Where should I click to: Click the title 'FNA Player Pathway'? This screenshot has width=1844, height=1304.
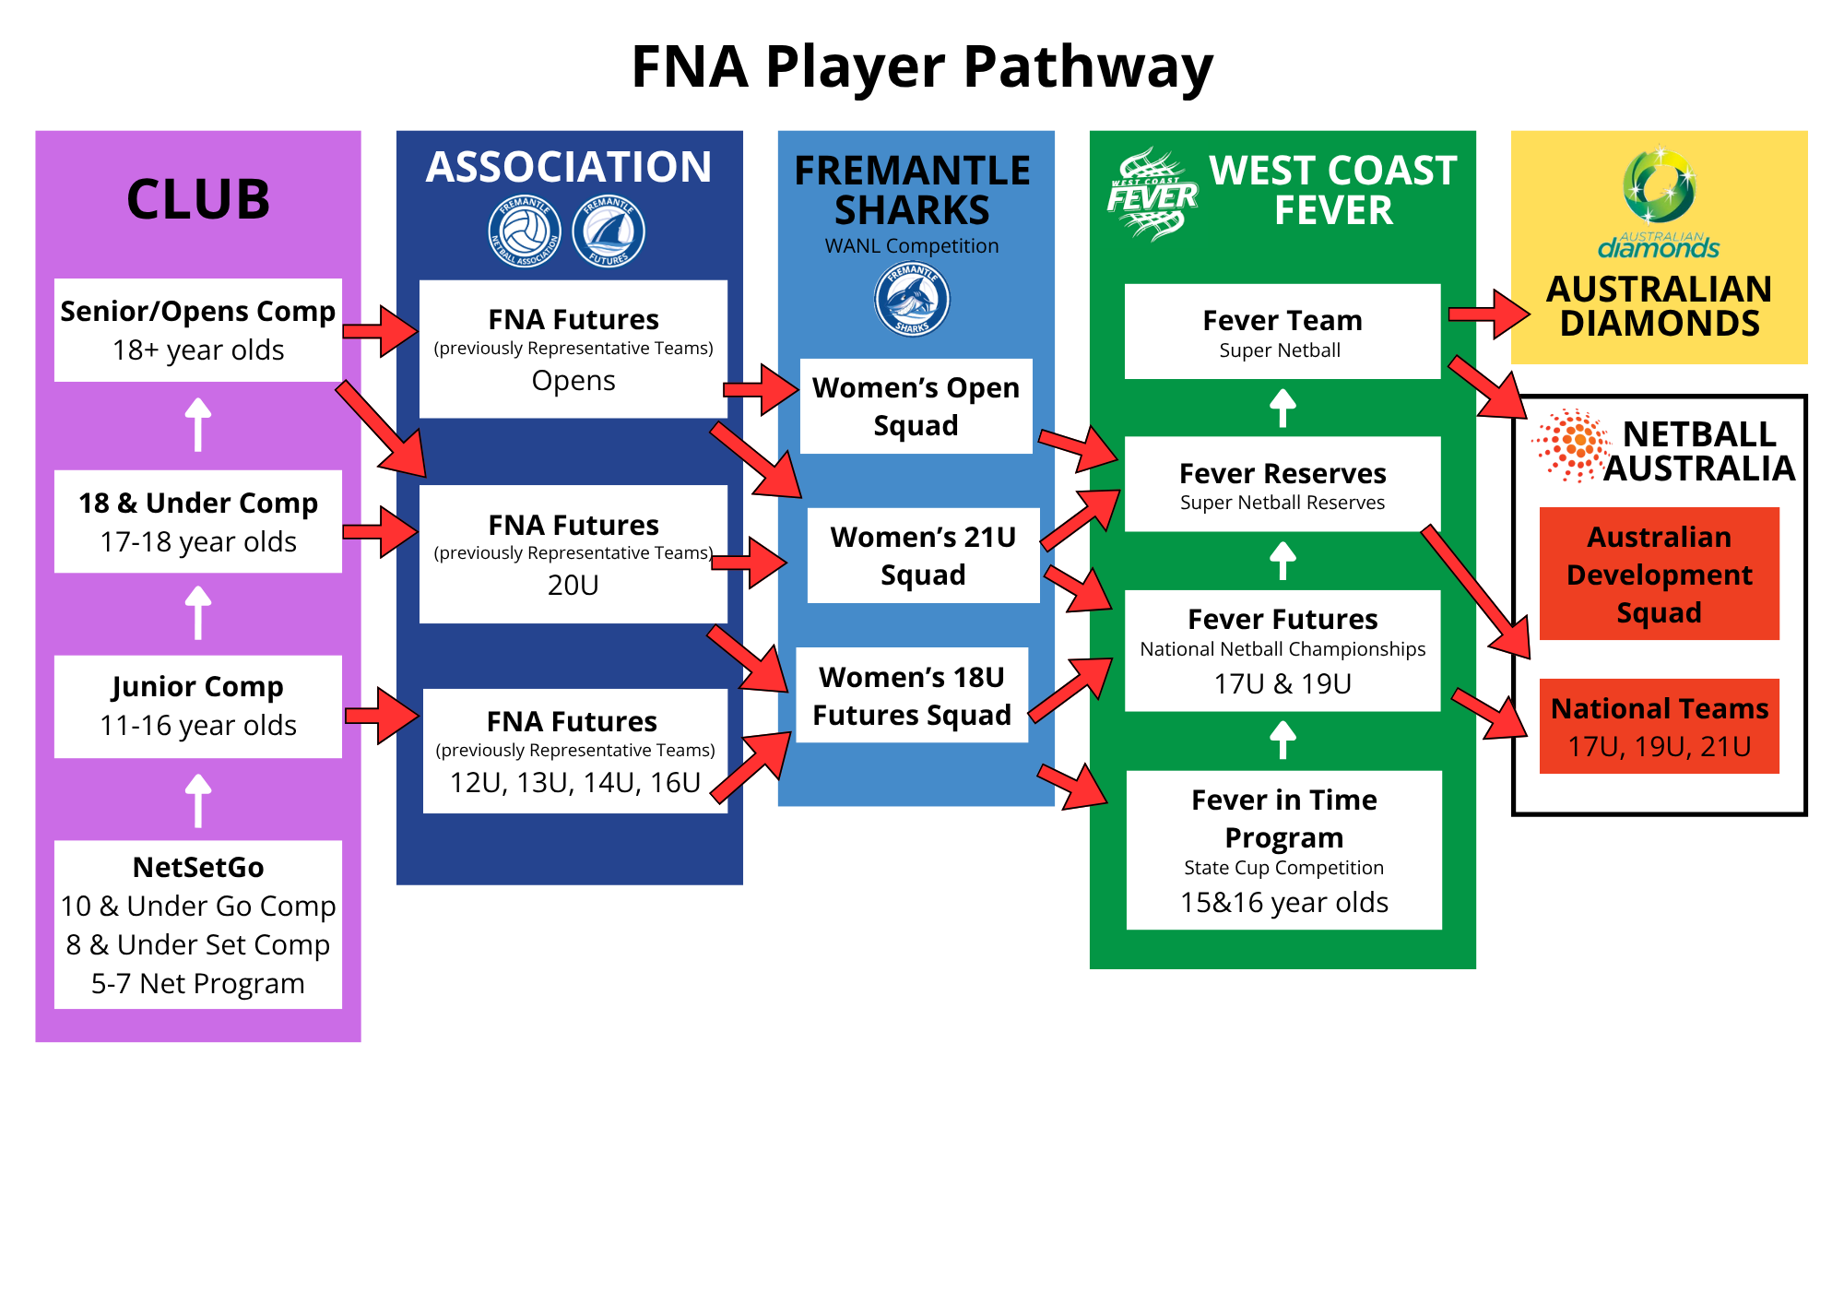[922, 67]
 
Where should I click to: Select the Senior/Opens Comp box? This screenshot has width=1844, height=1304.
[198, 330]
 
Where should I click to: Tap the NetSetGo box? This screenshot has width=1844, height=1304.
[198, 924]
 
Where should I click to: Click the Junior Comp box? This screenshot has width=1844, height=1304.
[198, 706]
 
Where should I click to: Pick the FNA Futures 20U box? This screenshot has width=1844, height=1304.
[573, 554]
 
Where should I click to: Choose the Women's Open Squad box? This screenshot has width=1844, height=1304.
[916, 406]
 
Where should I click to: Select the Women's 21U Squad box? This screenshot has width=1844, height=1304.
[923, 555]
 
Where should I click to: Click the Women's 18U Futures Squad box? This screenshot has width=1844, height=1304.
[912, 695]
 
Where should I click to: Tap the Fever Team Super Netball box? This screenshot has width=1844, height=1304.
[1283, 331]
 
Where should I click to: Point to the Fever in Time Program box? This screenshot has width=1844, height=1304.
[1284, 850]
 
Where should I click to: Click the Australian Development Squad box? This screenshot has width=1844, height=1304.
[1660, 574]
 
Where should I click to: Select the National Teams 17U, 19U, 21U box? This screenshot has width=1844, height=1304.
[1660, 726]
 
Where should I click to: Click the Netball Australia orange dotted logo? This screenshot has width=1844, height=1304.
[1573, 445]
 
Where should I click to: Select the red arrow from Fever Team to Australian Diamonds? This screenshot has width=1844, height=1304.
[1488, 314]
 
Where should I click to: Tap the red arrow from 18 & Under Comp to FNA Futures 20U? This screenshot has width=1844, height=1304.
[380, 532]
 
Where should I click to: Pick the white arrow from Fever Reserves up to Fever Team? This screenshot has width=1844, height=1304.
[1283, 408]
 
